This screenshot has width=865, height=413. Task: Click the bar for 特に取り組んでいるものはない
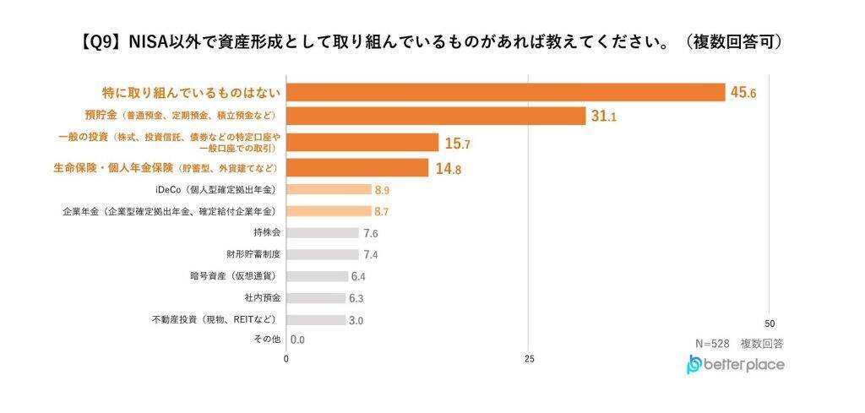coord(505,92)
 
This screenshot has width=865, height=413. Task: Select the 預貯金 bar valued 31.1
coord(436,117)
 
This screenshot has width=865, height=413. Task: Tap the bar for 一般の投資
coord(362,143)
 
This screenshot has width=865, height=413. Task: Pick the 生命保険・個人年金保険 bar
coord(357,168)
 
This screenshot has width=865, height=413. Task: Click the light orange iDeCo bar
coord(329,189)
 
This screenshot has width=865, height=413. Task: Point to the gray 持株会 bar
coord(323,232)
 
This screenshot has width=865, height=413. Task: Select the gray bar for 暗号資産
coord(317,276)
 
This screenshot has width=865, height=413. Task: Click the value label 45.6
coord(743,93)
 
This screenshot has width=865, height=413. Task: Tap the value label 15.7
coord(457,144)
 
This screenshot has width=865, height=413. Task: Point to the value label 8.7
coord(382,211)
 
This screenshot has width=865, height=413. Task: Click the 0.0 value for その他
coord(297,340)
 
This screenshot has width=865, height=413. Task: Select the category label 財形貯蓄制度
coord(253,254)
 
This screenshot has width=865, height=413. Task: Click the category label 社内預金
coord(263,298)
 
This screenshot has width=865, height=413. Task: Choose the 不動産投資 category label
coord(216,320)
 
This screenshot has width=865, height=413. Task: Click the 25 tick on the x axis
coord(529,358)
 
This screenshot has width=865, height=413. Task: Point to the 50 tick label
coord(769,323)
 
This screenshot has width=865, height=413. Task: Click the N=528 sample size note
coord(712,344)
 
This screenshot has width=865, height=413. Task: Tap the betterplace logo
coord(735,365)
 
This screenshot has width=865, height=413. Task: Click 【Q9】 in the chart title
coord(101,41)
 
